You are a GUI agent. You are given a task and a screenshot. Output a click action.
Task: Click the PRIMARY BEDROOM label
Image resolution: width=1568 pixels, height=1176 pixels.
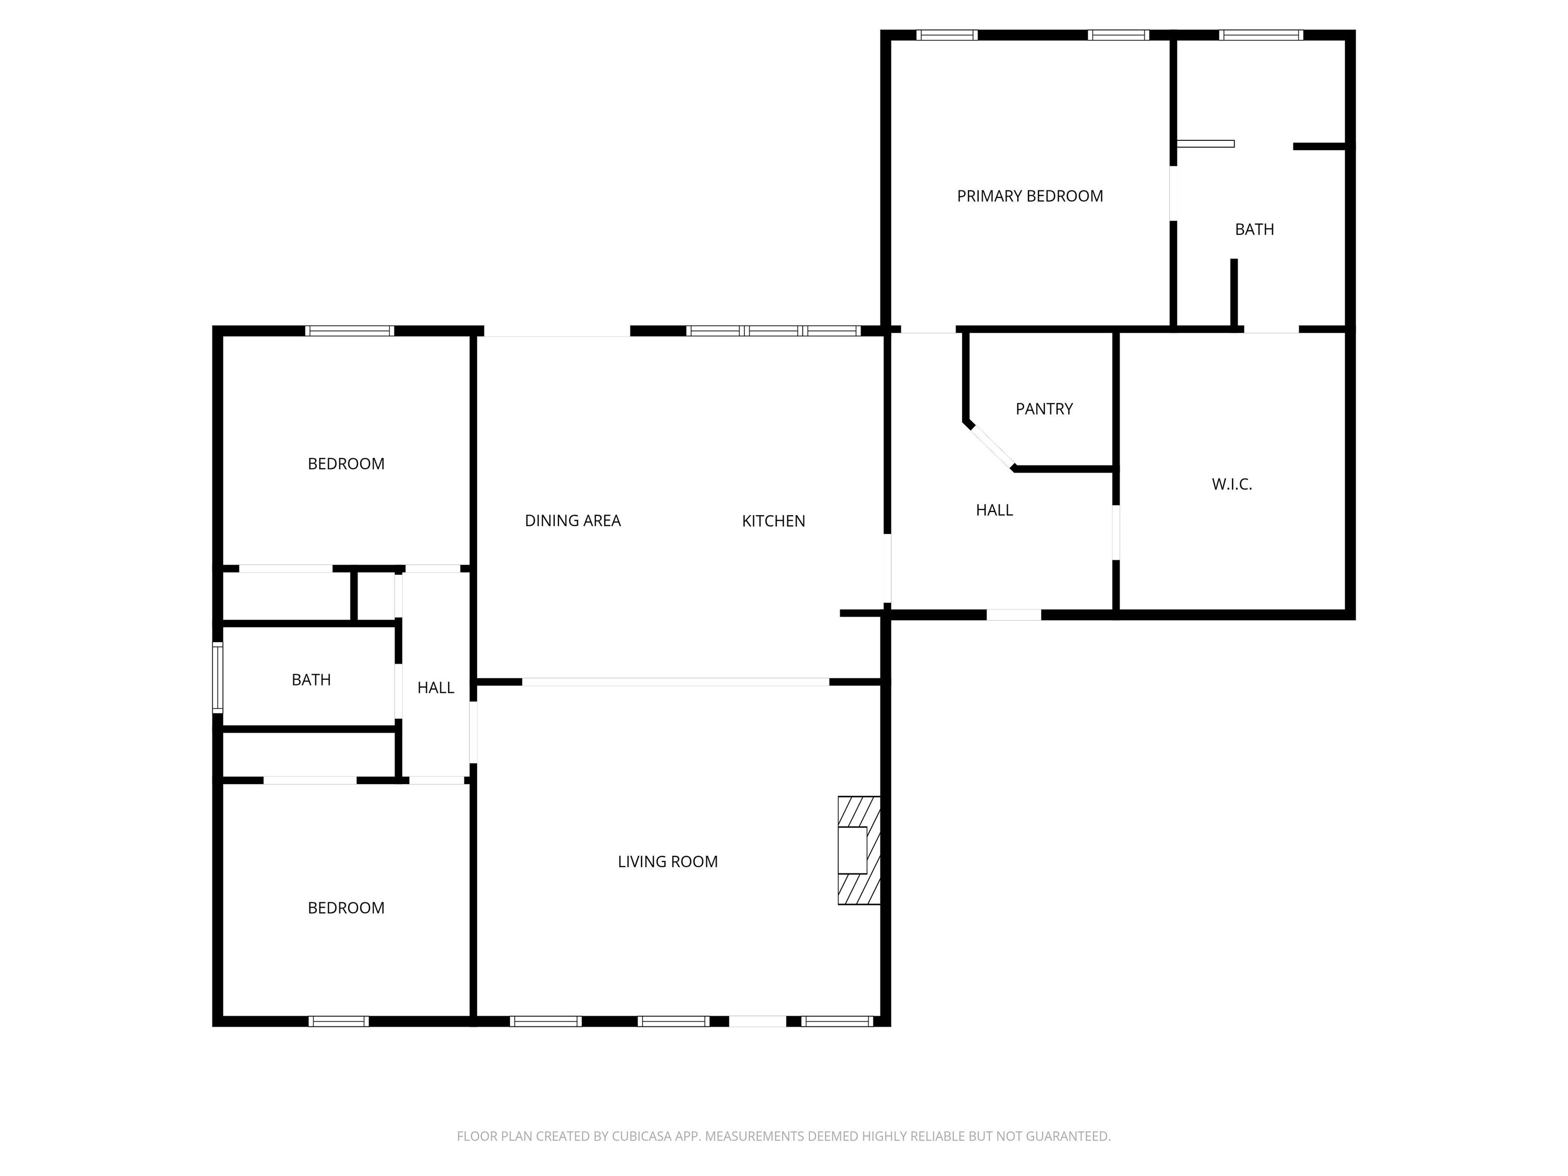pyautogui.click(x=1030, y=197)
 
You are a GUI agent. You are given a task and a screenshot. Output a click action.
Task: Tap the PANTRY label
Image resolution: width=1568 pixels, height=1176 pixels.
pyautogui.click(x=1044, y=409)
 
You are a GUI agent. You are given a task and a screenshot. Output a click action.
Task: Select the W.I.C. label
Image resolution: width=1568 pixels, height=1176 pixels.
pyautogui.click(x=1232, y=485)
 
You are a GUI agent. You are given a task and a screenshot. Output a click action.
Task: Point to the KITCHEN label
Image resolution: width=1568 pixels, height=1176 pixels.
pyautogui.click(x=773, y=522)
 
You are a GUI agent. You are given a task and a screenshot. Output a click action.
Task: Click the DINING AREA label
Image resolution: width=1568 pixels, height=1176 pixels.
pyautogui.click(x=573, y=521)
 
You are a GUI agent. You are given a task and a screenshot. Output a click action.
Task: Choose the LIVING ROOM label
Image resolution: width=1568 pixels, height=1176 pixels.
pyautogui.click(x=668, y=862)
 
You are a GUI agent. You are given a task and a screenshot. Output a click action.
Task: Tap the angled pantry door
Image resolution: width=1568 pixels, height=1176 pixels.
pyautogui.click(x=991, y=447)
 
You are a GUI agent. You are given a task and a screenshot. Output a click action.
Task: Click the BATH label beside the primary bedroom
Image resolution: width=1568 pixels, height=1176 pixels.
pyautogui.click(x=1255, y=230)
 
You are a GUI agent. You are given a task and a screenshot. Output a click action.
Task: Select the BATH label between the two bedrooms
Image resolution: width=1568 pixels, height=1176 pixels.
pyautogui.click(x=311, y=680)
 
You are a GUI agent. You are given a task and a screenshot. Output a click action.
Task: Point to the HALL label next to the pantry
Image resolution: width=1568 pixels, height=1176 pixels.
pyautogui.click(x=994, y=510)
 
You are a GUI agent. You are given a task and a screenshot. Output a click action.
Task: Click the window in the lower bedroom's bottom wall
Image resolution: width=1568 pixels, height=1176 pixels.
pyautogui.click(x=339, y=1021)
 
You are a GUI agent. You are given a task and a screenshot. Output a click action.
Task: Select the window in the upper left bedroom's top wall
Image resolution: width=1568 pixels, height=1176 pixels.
pyautogui.click(x=350, y=330)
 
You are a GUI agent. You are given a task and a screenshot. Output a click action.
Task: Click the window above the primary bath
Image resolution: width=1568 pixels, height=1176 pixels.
pyautogui.click(x=1261, y=35)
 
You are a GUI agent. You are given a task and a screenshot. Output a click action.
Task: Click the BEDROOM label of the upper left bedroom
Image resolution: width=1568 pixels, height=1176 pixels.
pyautogui.click(x=346, y=464)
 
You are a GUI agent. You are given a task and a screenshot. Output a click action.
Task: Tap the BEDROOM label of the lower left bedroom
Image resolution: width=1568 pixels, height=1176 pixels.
pyautogui.click(x=346, y=909)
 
